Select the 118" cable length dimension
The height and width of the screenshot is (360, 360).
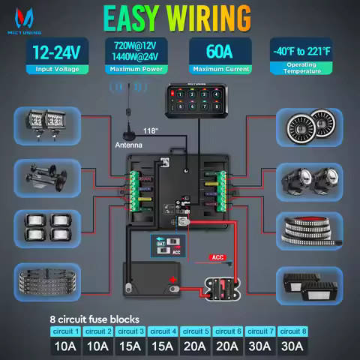172,129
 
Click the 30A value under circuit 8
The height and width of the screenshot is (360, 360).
292,346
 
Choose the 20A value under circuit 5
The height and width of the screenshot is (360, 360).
194,346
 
